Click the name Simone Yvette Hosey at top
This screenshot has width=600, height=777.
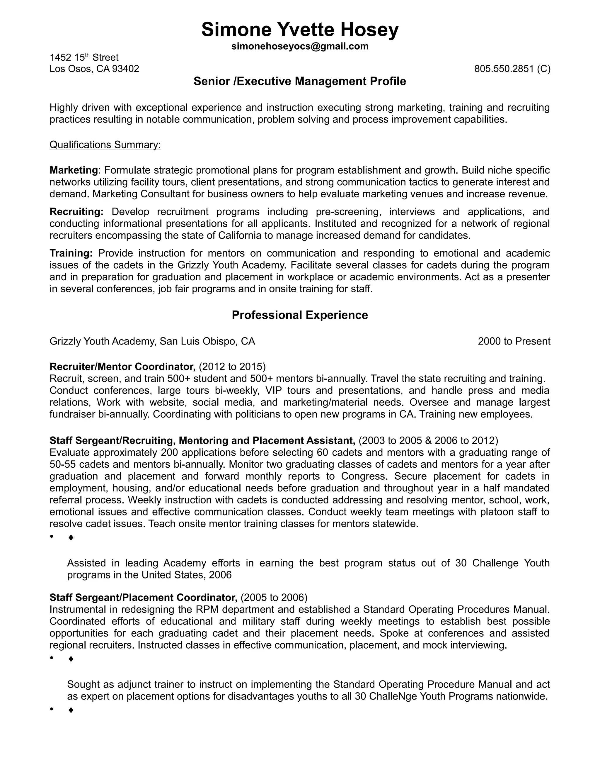300,30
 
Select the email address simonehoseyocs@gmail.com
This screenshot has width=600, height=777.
300,46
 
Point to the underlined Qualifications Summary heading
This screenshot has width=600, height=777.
105,145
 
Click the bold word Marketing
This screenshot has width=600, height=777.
74,170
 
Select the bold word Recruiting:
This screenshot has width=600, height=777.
76,212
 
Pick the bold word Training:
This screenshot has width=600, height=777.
71,253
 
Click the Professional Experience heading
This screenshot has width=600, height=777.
300,315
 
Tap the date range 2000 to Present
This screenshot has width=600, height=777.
514,342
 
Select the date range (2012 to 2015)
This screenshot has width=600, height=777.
232,367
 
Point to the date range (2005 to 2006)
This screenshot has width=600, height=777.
274,597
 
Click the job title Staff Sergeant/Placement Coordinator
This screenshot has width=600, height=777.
143,597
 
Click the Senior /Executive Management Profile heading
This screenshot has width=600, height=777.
300,82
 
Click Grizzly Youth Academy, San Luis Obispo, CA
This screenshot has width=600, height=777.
152,342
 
